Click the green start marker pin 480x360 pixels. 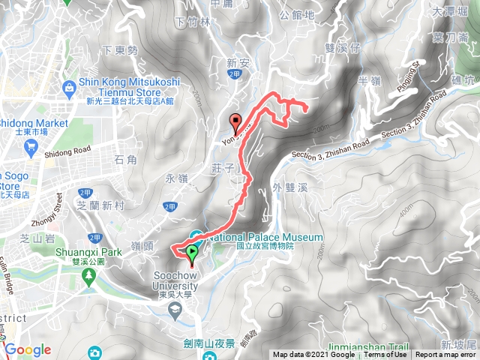[192, 254]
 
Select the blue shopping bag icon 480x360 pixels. [70, 88]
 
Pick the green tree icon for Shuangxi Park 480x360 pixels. [88, 274]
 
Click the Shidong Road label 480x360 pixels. [72, 149]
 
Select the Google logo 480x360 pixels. [28, 349]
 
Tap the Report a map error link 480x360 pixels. [447, 355]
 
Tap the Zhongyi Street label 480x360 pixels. [48, 211]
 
